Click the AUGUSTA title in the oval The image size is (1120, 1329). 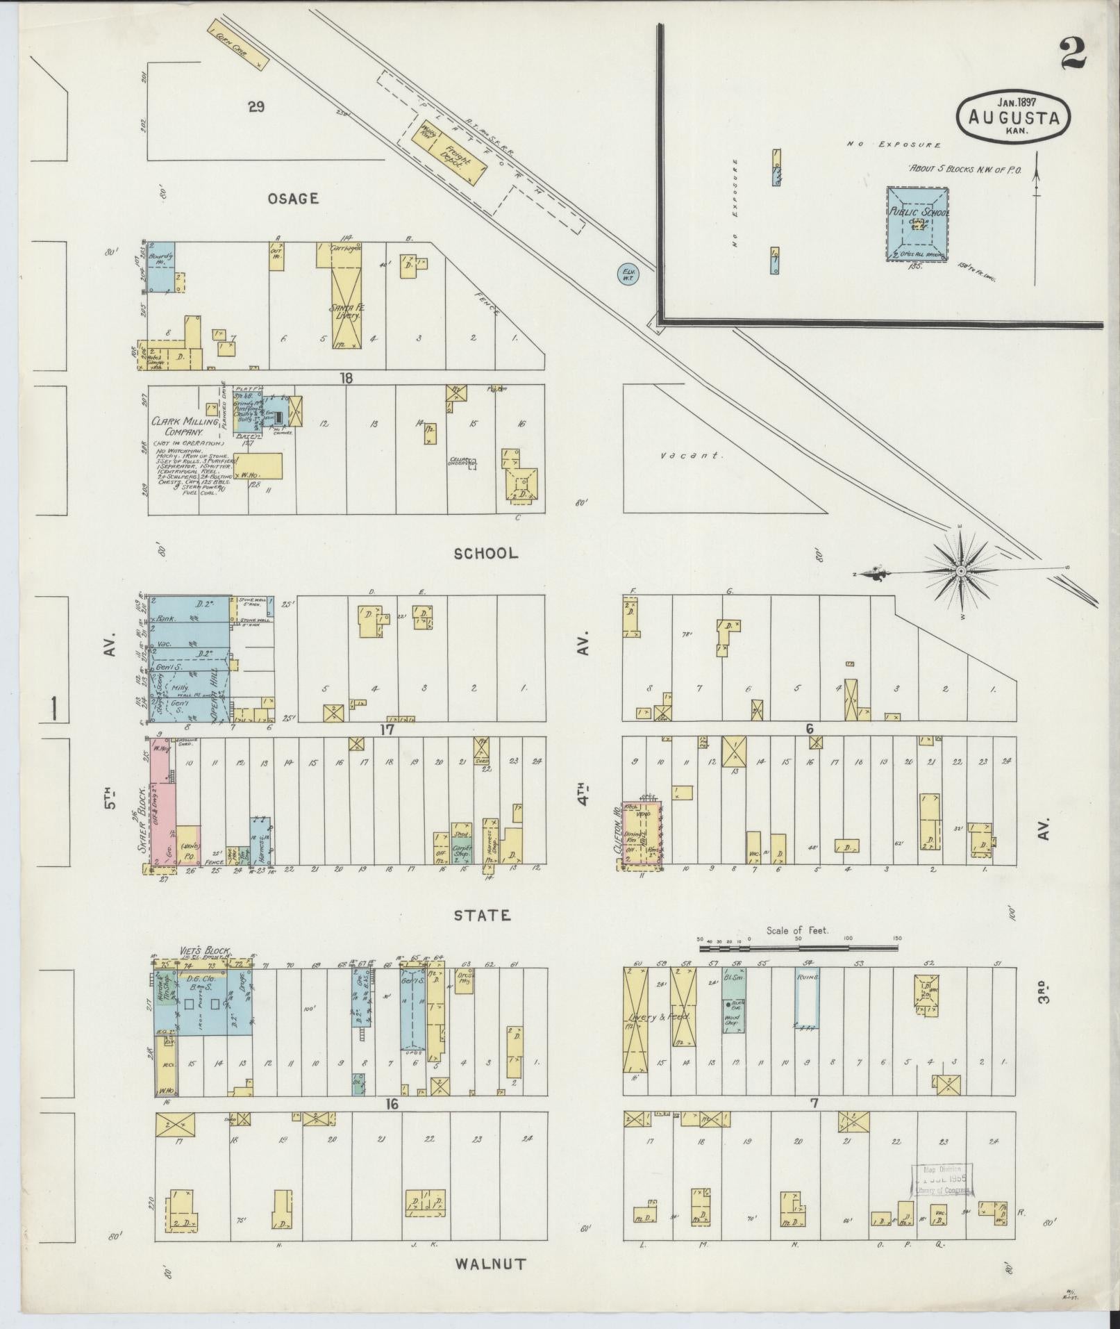click(1013, 118)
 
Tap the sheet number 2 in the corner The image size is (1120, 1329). click(1073, 53)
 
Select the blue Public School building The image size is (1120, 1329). click(917, 223)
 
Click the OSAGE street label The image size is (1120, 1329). click(294, 199)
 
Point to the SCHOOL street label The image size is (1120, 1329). click(485, 554)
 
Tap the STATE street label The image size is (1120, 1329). click(483, 916)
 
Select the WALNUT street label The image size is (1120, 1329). click(490, 1264)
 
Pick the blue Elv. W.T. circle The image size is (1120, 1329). click(628, 275)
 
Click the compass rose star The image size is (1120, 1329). click(961, 571)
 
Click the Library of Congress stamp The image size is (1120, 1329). click(943, 1179)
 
